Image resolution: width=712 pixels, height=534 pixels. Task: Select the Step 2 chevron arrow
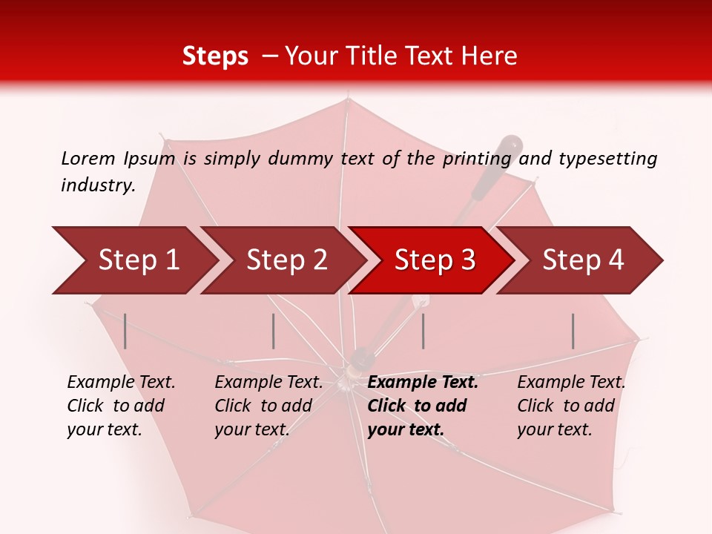(x=286, y=260)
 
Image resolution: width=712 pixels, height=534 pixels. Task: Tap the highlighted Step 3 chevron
(x=434, y=260)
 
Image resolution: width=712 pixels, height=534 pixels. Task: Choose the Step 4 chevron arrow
(x=582, y=260)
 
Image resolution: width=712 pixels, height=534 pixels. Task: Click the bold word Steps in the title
(x=215, y=56)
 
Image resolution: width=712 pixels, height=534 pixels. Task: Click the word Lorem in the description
(x=88, y=158)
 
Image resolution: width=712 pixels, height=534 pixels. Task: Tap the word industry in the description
(x=96, y=185)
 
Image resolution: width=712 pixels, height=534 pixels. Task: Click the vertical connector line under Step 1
(x=125, y=331)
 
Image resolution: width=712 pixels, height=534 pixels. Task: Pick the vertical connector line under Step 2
(x=274, y=331)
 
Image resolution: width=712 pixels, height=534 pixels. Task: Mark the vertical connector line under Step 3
(x=423, y=331)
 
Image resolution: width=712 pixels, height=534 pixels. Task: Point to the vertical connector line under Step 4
(x=573, y=331)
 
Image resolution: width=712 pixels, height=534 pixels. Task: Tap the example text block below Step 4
(x=571, y=406)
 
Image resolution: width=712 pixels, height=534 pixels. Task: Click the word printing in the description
(x=476, y=158)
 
